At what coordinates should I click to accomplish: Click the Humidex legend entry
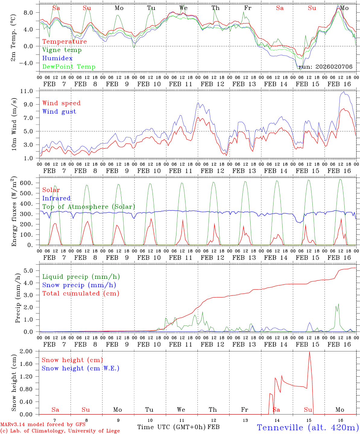57,58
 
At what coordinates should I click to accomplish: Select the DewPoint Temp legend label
69,67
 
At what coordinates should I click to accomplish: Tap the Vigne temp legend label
62,50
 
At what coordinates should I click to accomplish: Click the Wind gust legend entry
59,112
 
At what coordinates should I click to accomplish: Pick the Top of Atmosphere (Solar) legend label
88,207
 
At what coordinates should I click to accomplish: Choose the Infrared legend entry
56,198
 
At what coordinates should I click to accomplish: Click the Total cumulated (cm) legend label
81,293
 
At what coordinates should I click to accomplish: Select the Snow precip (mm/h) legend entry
79,285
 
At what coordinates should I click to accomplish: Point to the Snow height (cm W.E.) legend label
80,368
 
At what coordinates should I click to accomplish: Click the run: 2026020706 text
325,67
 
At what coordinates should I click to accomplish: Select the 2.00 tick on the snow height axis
30,351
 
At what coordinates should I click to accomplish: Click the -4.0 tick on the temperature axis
30,63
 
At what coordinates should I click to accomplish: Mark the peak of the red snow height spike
309,352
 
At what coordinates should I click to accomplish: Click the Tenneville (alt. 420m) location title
307,427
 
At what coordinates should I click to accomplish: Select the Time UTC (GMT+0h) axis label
171,427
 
